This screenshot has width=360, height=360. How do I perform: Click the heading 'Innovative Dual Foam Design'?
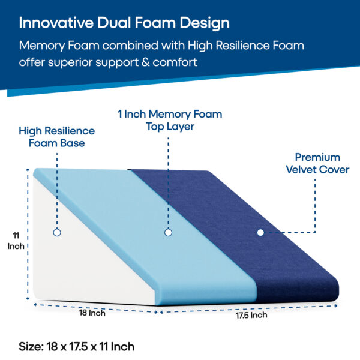124,23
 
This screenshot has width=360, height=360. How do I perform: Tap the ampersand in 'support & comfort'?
146,62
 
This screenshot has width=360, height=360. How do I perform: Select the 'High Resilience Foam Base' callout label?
57,137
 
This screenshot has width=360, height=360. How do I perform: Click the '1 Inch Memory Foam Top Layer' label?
170,121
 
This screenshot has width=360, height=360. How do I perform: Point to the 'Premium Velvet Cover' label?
317,163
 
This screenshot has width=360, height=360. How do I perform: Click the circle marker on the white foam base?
57,232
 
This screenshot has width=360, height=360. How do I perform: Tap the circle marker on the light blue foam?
168,233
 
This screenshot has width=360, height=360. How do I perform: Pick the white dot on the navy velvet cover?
260,233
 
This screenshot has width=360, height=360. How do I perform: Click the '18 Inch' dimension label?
92,313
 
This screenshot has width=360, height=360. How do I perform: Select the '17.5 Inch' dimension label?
251,315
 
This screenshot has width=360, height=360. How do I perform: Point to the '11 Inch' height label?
16,241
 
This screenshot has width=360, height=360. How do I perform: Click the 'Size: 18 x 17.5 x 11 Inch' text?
76,346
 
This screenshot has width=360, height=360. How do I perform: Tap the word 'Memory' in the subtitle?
42,46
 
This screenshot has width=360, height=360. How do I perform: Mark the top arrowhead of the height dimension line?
28,170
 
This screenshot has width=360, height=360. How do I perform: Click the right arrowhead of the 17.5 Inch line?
335,305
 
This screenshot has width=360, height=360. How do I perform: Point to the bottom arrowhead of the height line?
28,298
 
